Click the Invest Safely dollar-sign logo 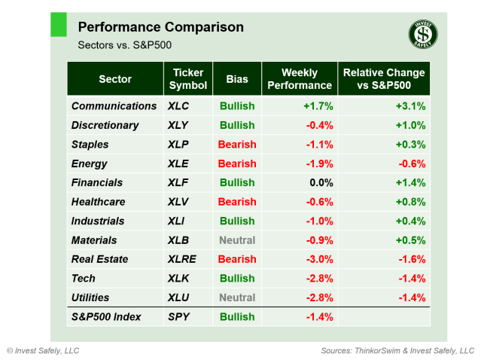click(423, 34)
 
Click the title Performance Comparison click(160, 27)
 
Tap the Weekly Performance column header click(299, 78)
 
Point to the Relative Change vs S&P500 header click(384, 78)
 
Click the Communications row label click(114, 106)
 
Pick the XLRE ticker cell click(185, 259)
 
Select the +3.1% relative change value click(410, 106)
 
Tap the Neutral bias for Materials click(237, 240)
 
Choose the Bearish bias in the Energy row click(237, 163)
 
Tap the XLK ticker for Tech click(181, 279)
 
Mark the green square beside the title click(59, 24)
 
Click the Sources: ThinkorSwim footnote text click(397, 351)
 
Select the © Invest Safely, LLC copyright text click(43, 351)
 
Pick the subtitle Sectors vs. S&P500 click(124, 45)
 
